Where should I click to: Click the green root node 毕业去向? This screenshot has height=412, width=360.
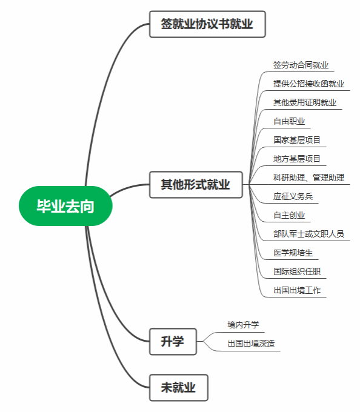pos(65,206)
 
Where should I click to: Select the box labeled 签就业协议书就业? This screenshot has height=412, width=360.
pos(207,24)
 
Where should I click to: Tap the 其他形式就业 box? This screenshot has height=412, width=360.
pos(196,184)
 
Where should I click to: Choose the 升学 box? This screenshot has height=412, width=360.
pos(173,341)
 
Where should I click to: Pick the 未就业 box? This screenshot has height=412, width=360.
pos(179,388)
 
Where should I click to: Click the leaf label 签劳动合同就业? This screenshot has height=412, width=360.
pos(301,65)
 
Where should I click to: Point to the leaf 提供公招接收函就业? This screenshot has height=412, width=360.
pos(308,84)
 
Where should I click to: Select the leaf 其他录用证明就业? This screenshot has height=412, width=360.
pos(305,102)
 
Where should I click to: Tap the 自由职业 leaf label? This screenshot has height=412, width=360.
pos(289,121)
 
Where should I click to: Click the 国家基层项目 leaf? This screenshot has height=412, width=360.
pos(297,140)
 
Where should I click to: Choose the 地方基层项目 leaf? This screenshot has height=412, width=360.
pos(297,159)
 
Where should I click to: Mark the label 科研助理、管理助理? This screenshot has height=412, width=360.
pos(308,178)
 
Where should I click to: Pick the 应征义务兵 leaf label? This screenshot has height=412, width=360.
pos(293,196)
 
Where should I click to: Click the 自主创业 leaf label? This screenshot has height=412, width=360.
pos(289,215)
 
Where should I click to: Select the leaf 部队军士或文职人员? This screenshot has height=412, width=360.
pos(308,234)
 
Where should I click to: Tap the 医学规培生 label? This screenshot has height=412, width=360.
pos(293,253)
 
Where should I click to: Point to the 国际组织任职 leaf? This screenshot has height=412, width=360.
pos(297,271)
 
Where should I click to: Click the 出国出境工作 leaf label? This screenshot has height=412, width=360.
pos(297,290)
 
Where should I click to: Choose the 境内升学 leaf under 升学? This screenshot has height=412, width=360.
pos(243,325)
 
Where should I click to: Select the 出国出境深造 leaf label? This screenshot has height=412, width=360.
pos(251,344)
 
